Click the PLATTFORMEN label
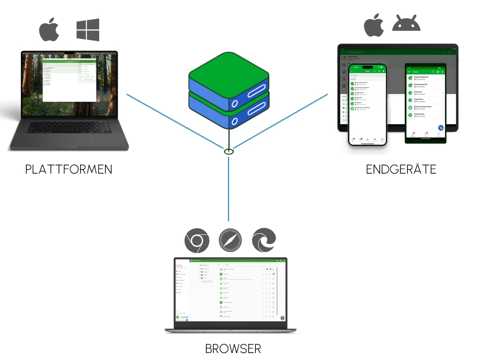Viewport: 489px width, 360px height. click(68, 170)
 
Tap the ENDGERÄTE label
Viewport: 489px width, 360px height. click(401, 170)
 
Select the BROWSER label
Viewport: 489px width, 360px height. click(233, 349)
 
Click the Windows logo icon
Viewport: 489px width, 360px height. click(88, 30)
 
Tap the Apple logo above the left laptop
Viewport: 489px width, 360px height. click(49, 30)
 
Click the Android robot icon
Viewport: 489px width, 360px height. click(407, 24)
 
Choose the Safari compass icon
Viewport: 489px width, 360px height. click(230, 240)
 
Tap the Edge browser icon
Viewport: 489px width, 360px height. click(264, 240)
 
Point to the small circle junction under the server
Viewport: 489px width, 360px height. click(229, 152)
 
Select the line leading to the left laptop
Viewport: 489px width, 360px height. click(174, 122)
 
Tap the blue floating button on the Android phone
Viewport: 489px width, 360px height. click(441, 128)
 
